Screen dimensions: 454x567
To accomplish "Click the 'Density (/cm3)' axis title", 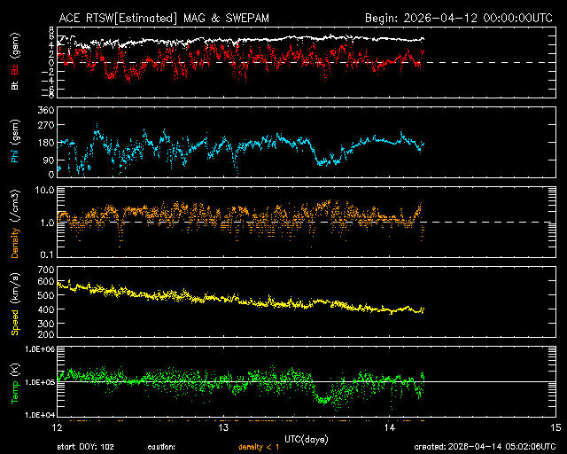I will point(15,222).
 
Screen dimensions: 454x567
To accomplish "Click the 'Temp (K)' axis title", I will point(15,381).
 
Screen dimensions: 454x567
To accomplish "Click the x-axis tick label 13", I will point(224,427).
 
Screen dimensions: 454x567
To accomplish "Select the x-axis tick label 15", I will point(555,427).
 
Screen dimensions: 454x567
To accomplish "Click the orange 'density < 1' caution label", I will point(257,447).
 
